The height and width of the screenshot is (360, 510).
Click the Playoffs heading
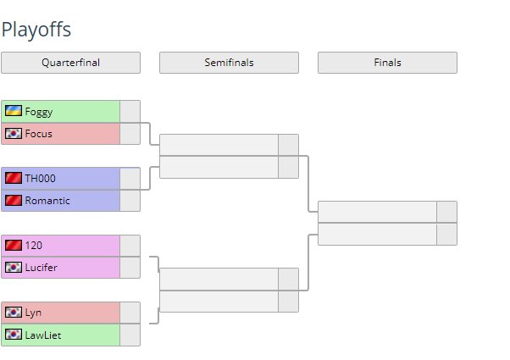(36, 30)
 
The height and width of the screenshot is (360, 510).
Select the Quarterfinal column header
(70, 63)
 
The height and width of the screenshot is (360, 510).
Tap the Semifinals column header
(229, 63)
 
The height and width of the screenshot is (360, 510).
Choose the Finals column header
(387, 63)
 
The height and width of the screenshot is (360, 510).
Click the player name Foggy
(39, 111)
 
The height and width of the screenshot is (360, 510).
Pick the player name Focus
(39, 133)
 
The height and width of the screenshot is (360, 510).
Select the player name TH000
(41, 178)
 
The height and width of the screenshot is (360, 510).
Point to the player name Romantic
(47, 200)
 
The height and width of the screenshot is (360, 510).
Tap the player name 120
(34, 245)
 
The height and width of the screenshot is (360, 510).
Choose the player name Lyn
(33, 313)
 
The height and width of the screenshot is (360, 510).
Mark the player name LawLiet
(43, 335)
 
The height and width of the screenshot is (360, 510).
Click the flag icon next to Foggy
(14, 111)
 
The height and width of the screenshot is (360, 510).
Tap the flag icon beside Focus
(14, 133)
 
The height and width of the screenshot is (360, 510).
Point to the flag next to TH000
(14, 178)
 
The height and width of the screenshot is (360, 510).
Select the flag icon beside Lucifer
(14, 267)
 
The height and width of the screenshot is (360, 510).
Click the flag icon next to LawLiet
(14, 335)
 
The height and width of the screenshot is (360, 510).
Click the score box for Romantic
(130, 200)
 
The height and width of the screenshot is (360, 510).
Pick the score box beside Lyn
(130, 313)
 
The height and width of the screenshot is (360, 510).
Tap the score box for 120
(130, 245)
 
